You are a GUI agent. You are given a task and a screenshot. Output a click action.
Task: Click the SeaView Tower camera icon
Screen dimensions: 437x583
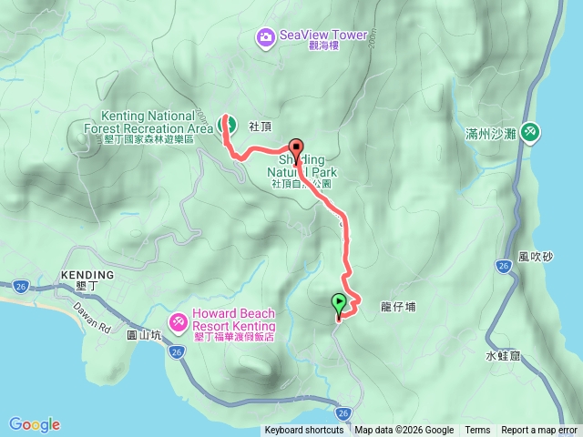click(x=265, y=36)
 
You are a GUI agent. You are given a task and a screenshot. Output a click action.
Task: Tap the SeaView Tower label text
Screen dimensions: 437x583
click(x=323, y=36)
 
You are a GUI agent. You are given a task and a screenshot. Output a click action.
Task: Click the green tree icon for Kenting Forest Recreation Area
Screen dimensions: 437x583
click(x=228, y=125)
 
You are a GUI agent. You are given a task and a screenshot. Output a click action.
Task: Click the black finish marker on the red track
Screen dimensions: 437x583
click(x=296, y=148)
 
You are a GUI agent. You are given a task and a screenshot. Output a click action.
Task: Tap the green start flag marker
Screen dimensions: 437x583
click(x=339, y=303)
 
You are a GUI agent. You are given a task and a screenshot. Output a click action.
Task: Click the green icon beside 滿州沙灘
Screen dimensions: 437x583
click(x=530, y=134)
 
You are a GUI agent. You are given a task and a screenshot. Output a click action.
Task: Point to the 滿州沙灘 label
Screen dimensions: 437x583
click(x=490, y=134)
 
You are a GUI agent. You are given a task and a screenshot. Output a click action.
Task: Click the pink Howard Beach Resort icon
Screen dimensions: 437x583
click(x=177, y=320)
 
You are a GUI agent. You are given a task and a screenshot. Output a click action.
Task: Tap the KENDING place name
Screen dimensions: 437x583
click(x=87, y=274)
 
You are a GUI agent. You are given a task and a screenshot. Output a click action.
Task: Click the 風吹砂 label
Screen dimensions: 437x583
click(x=535, y=257)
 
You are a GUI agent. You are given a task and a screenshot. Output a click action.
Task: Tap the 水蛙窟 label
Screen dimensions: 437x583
click(x=502, y=356)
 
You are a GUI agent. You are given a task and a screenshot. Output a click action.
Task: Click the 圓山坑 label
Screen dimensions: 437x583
click(x=143, y=335)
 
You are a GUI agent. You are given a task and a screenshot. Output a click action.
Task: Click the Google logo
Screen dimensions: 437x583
click(x=35, y=424)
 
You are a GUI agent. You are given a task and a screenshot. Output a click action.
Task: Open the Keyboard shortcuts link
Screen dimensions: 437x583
click(x=304, y=431)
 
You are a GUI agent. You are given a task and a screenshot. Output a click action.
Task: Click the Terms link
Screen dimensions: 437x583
click(x=477, y=431)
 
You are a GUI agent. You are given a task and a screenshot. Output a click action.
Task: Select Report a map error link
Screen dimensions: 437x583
click(x=539, y=431)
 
